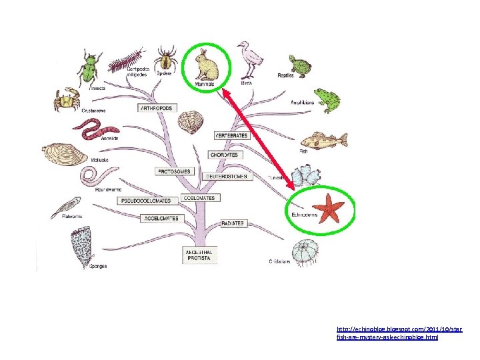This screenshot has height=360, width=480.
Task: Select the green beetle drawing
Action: [88, 69]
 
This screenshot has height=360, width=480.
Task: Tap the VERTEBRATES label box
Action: [231, 136]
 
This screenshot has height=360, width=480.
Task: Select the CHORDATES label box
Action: [225, 155]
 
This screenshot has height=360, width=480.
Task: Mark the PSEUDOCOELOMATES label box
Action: [145, 201]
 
